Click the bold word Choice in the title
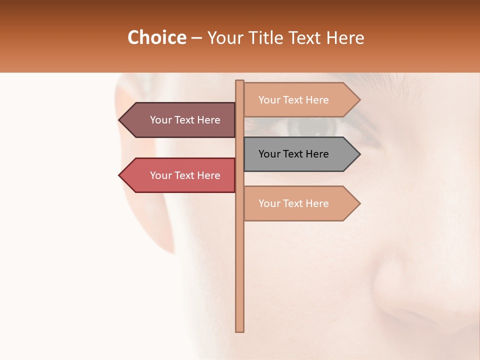[x=156, y=37]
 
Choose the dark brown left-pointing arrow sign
[x=180, y=120]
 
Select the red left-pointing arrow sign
[x=180, y=175]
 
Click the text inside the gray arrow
[x=293, y=154]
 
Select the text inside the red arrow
[x=185, y=175]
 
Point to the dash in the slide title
[x=196, y=38]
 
